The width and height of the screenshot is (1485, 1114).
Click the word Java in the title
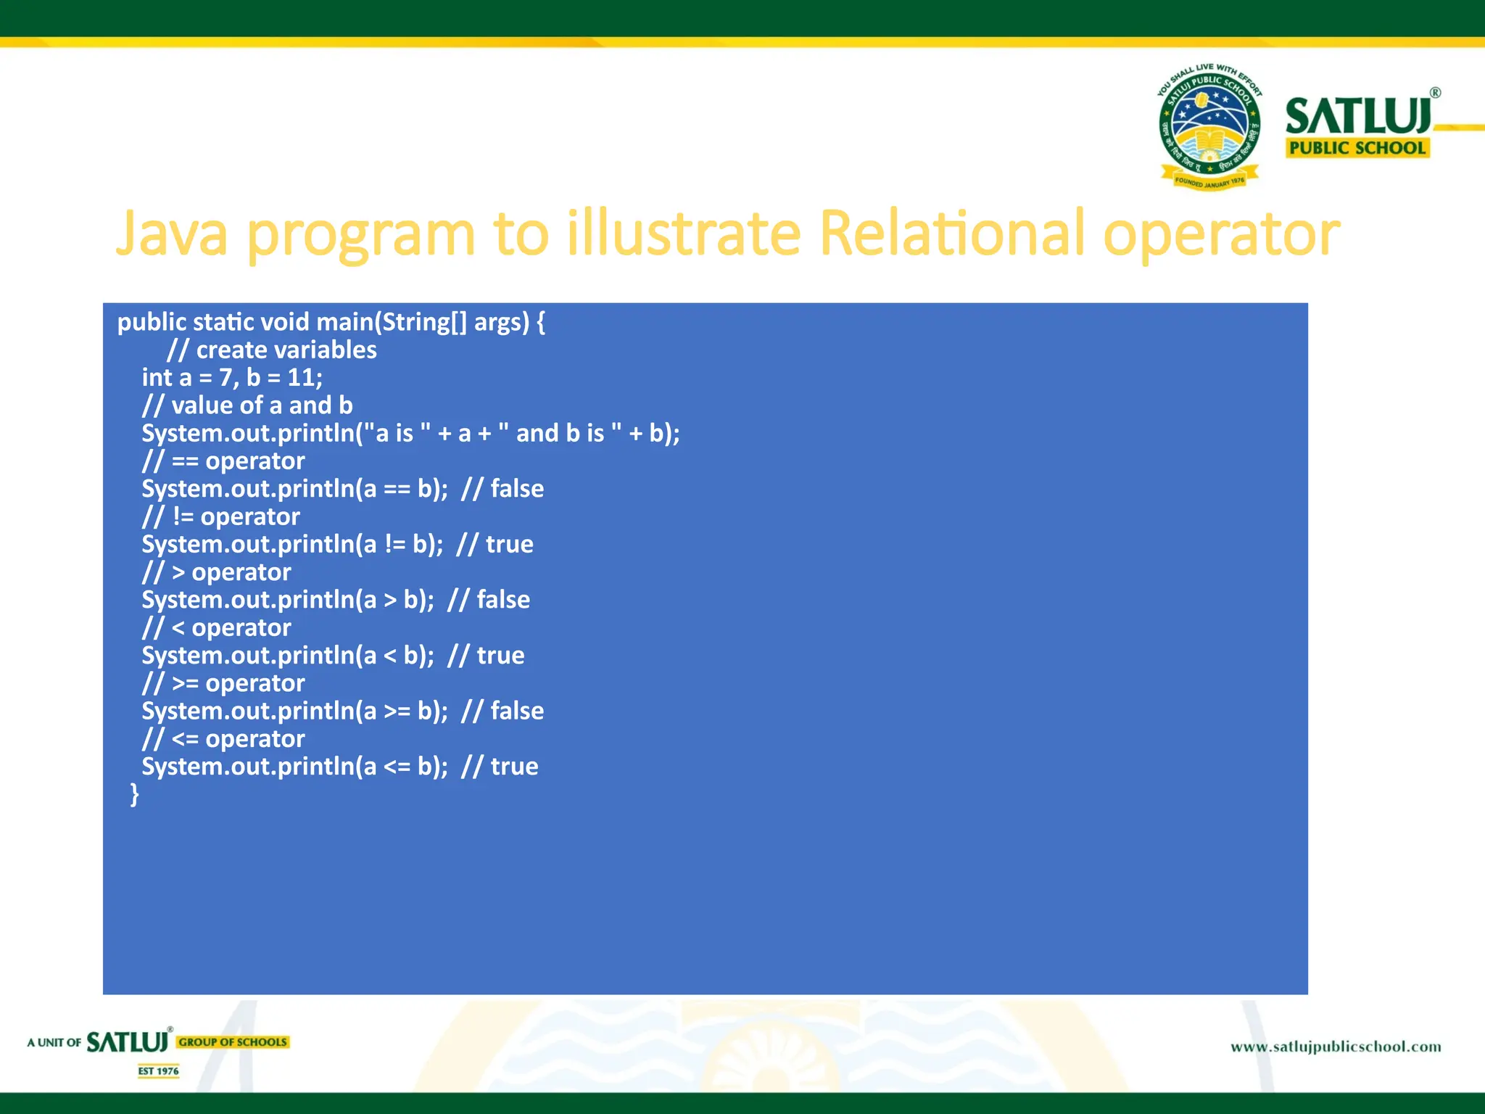pos(172,234)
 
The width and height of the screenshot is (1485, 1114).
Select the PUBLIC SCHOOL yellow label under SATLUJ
pos(1357,148)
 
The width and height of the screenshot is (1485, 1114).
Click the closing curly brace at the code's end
pos(134,793)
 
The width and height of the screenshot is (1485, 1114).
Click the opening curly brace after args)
pos(541,323)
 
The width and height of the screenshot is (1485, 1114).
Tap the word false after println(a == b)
pos(517,489)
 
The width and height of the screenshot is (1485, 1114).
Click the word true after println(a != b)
pos(509,545)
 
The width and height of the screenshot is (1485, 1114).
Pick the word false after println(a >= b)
pos(517,711)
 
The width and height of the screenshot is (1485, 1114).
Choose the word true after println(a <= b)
pos(514,767)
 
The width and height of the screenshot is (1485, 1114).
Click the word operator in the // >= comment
pos(255,683)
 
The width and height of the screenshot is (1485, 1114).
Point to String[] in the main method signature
pos(424,323)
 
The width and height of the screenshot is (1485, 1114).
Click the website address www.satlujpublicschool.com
pos(1335,1047)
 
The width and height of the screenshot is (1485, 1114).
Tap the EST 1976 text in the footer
pos(158,1071)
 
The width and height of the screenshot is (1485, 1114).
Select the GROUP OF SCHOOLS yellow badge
pos(233,1042)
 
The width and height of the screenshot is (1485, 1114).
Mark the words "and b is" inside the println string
pos(559,434)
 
